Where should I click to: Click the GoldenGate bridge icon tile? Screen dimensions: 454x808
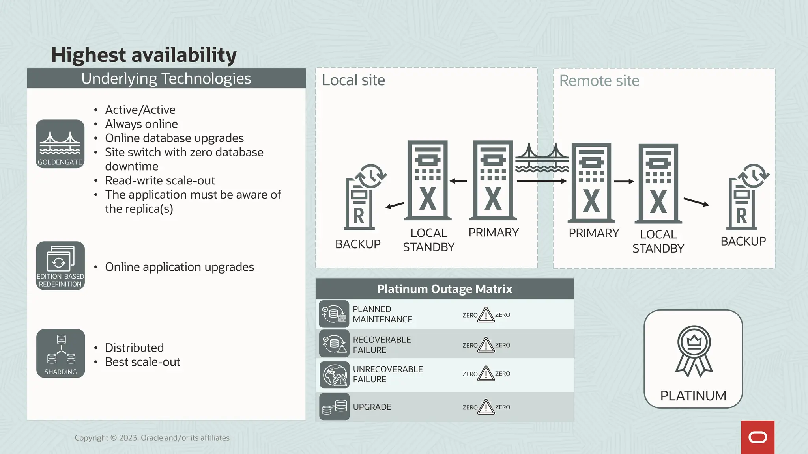point(60,144)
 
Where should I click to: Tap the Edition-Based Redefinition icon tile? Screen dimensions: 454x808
point(60,266)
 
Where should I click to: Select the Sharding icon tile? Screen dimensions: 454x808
point(61,354)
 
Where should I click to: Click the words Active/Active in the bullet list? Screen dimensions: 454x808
point(140,110)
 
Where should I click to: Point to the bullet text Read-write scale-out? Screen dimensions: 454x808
point(160,180)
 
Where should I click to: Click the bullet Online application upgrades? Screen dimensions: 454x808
point(180,267)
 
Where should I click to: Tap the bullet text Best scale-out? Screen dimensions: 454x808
point(142,362)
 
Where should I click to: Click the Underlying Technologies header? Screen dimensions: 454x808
point(166,78)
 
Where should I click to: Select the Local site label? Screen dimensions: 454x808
point(353,80)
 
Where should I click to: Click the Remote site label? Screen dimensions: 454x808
point(599,81)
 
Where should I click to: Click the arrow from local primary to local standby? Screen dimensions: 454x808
point(458,181)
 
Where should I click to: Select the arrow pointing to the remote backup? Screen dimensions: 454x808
point(696,202)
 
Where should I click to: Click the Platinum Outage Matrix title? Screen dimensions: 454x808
point(445,289)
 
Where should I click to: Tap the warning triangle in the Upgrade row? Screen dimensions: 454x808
point(486,407)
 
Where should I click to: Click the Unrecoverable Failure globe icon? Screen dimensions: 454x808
point(334,375)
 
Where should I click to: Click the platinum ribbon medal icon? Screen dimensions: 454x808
point(694,351)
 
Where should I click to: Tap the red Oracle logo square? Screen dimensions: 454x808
point(757,437)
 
